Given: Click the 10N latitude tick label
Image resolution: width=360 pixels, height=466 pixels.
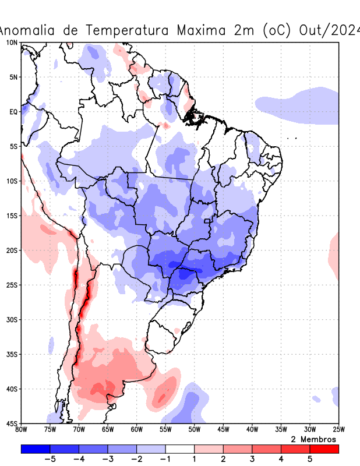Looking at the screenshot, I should tap(12, 43).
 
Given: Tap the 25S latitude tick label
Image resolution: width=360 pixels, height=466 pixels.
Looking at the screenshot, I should tap(12, 285).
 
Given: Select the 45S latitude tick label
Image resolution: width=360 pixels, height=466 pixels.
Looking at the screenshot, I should tap(12, 423).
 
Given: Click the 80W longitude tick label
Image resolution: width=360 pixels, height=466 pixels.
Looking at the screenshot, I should tap(21, 430).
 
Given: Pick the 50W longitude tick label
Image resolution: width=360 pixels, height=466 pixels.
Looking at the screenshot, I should tap(194, 430).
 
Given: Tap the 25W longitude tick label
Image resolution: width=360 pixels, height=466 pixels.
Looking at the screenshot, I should tap(338, 430).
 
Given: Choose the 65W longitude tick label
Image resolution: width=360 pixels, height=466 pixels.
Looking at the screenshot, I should tap(108, 430).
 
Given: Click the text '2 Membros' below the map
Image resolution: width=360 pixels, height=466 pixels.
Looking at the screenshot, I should tap(313, 439).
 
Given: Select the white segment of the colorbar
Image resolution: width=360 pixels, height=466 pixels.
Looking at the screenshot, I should tap(180, 449).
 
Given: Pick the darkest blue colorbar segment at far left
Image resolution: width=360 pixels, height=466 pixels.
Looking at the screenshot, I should tap(35, 449).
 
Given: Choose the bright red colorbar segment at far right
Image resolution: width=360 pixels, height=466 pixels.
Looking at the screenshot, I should tap(324, 449).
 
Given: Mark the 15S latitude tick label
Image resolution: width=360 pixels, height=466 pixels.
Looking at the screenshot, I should tap(12, 216).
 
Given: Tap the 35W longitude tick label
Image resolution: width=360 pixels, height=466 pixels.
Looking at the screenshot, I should tap(281, 430).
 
